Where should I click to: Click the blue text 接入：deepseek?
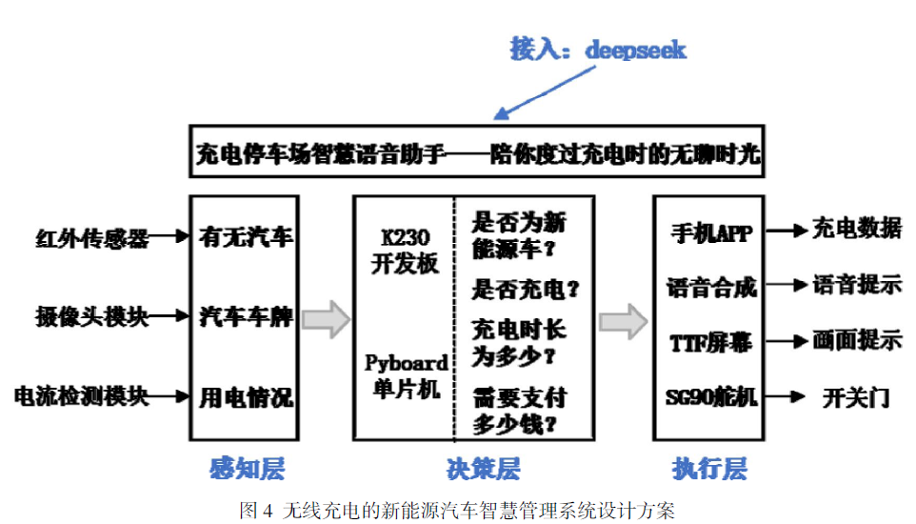[597, 50]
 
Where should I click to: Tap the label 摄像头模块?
[80, 316]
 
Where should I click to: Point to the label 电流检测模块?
[81, 396]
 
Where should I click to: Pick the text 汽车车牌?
[245, 316]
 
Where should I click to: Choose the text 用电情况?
[245, 396]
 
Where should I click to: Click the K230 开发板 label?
[404, 251]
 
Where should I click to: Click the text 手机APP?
[709, 233]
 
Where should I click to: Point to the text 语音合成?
[710, 286]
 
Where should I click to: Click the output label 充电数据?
[856, 229]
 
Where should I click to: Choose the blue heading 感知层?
[247, 469]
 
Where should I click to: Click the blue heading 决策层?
[483, 469]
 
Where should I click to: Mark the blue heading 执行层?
[708, 469]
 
